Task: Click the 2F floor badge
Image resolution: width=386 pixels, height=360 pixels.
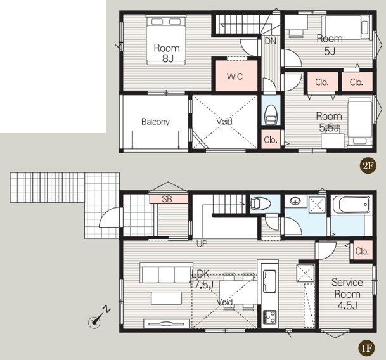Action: click(x=368, y=166)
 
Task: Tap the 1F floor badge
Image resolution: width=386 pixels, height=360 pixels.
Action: click(x=366, y=349)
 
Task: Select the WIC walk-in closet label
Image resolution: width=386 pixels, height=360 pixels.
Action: click(x=235, y=76)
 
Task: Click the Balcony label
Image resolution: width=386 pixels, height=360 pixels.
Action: click(x=155, y=122)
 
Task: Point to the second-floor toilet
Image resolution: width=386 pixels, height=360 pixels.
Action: click(x=271, y=115)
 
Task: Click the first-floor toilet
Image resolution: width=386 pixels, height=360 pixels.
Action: click(x=261, y=203)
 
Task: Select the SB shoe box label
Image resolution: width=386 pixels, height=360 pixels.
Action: click(x=167, y=199)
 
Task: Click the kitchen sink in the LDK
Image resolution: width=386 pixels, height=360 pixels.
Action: click(x=270, y=281)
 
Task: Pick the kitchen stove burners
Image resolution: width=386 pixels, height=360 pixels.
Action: click(x=270, y=317)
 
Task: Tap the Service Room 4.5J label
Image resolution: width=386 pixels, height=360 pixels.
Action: click(x=347, y=294)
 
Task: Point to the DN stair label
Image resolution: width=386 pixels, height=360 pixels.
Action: click(x=270, y=41)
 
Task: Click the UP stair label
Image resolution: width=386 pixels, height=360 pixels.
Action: click(x=202, y=243)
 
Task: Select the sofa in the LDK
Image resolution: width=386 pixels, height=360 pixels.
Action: click(x=166, y=273)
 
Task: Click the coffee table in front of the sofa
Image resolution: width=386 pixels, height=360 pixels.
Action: click(x=167, y=298)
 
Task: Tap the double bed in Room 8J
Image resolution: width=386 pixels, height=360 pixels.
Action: click(x=166, y=40)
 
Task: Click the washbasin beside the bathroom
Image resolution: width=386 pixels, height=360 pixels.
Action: click(x=295, y=201)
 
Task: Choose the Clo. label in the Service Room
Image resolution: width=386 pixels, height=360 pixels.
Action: click(x=362, y=251)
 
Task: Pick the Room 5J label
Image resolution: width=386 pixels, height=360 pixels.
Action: click(x=330, y=44)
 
